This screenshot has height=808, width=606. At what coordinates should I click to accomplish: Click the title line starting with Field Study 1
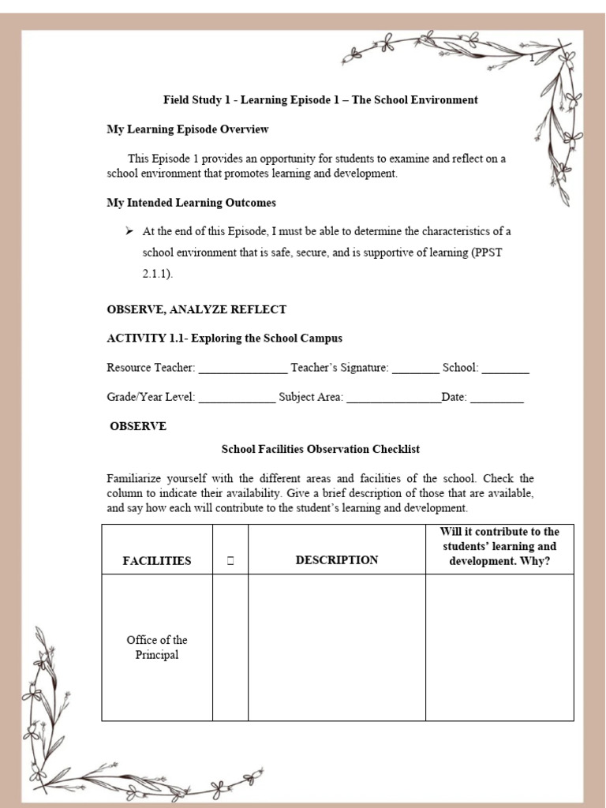(320, 100)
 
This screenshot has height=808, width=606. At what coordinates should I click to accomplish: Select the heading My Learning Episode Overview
(188, 129)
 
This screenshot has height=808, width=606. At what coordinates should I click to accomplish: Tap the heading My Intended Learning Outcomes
(191, 203)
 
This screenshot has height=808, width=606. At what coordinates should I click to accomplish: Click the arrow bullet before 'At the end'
(129, 232)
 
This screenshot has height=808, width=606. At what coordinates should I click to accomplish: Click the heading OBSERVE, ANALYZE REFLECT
(196, 309)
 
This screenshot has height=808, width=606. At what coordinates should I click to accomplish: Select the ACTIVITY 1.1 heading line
(224, 339)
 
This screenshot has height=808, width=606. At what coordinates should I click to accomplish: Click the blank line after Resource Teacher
(243, 369)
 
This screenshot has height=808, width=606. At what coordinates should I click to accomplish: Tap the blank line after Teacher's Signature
(415, 369)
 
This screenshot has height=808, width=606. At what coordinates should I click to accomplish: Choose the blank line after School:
(506, 369)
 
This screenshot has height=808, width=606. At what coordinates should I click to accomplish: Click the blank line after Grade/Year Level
(237, 398)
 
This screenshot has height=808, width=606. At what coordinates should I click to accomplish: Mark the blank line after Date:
(497, 398)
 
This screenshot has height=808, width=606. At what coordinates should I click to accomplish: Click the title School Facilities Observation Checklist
(320, 449)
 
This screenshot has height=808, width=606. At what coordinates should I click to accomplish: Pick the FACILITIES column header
(157, 561)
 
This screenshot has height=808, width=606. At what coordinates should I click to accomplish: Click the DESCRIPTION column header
(337, 560)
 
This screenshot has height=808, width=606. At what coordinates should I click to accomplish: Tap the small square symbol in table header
(230, 561)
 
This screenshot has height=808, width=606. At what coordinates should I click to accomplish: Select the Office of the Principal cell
(157, 648)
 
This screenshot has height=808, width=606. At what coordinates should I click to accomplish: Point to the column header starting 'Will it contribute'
(499, 547)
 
